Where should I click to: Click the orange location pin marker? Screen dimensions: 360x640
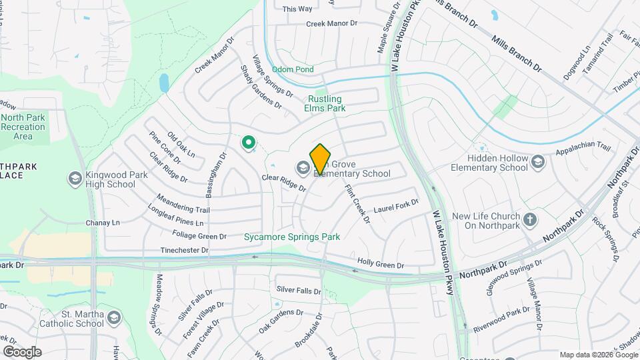coord(320,159)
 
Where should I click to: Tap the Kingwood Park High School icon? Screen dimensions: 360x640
coord(75,178)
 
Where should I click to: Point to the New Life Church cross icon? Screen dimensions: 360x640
coord(530,220)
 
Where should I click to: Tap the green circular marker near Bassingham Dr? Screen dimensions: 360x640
coord(249,142)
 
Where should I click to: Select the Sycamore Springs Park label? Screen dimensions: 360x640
coord(292,237)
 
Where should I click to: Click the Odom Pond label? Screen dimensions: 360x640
coord(297,69)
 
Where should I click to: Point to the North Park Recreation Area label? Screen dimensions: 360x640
coord(23,127)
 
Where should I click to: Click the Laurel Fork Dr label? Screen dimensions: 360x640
coord(396,206)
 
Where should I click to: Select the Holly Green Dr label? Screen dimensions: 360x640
coord(381,264)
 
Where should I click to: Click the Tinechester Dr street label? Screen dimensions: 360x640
coord(185,251)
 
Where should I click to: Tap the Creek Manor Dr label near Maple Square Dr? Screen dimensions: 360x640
coord(332,23)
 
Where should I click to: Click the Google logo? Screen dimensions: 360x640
coord(22,351)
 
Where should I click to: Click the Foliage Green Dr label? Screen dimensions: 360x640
coord(199,236)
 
